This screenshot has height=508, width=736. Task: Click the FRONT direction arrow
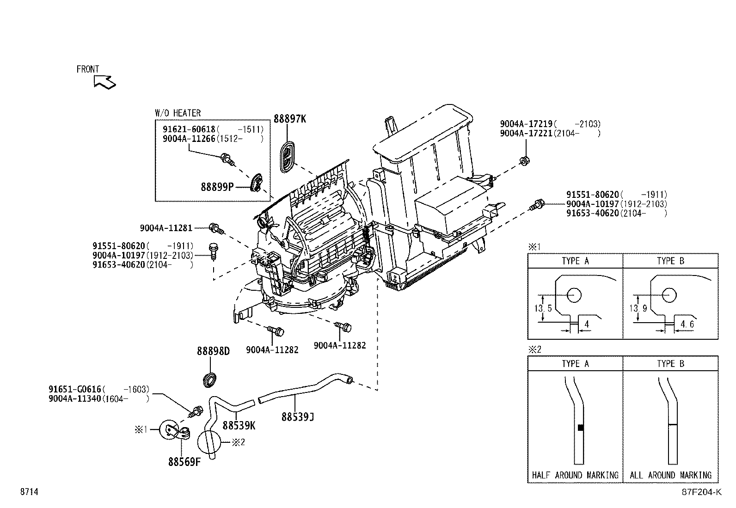(104, 82)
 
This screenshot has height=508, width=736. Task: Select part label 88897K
(289, 119)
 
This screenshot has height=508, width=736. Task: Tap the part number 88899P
(217, 187)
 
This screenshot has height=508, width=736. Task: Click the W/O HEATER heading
(178, 113)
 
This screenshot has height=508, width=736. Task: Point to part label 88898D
(213, 351)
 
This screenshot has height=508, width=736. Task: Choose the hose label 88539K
(239, 425)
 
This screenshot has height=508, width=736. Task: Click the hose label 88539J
(298, 417)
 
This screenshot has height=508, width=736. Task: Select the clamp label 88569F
(184, 462)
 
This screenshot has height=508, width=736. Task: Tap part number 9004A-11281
(166, 228)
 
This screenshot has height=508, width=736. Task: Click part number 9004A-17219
(526, 124)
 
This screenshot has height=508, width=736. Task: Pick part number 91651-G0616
(75, 389)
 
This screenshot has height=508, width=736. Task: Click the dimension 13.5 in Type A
(543, 308)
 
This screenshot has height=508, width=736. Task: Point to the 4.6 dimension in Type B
(685, 324)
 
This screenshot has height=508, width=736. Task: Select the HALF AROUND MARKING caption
(575, 475)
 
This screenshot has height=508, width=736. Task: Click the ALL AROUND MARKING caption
(670, 475)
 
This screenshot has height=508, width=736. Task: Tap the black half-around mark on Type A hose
(581, 428)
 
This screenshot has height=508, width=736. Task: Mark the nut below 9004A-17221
(524, 161)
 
